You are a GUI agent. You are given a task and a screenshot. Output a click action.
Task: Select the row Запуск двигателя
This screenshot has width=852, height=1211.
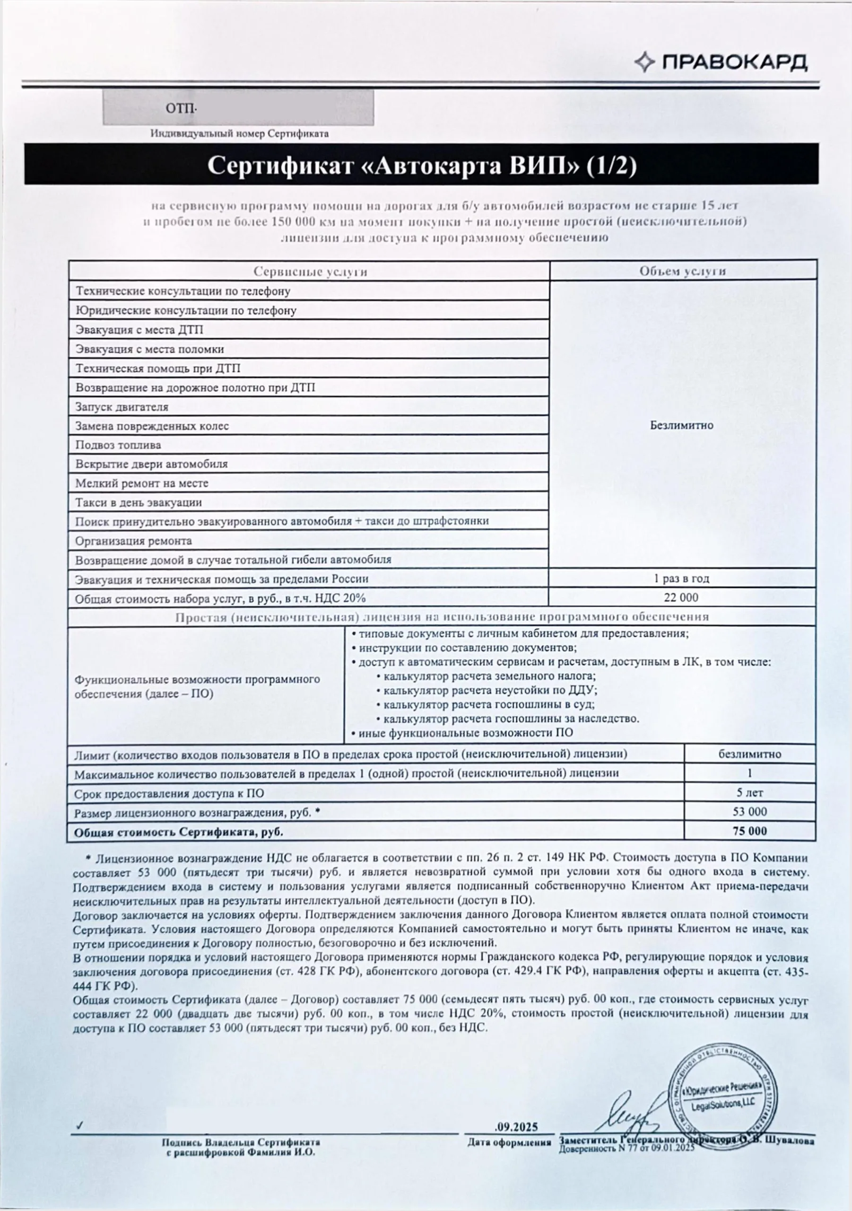[122, 407]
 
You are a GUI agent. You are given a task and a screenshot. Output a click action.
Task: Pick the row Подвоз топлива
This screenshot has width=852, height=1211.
[118, 445]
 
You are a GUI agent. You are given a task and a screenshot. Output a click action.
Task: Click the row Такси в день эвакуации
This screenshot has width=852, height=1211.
[139, 502]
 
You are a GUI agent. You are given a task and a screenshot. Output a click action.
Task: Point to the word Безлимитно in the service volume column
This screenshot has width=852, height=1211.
[682, 425]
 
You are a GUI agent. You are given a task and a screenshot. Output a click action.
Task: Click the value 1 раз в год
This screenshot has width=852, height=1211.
[682, 578]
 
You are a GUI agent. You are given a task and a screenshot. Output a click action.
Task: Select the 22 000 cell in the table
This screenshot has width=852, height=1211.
[681, 597]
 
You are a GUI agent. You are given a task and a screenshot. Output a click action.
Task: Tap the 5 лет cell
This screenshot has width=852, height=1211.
[750, 792]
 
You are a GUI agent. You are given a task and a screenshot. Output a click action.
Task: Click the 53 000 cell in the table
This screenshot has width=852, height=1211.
[750, 811]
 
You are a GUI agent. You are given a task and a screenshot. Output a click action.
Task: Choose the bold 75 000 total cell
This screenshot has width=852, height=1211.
[750, 831]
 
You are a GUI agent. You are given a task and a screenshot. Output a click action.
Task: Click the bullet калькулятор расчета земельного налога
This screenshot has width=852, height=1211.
[489, 676]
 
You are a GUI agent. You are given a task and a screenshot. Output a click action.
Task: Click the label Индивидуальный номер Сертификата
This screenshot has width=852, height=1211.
[239, 133]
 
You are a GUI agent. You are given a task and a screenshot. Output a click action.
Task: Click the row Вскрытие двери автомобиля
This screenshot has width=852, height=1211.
[151, 464]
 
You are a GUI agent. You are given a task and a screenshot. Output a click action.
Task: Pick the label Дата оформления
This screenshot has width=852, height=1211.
[509, 1142]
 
